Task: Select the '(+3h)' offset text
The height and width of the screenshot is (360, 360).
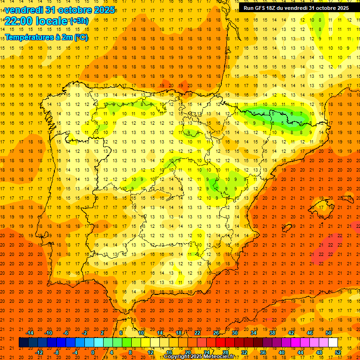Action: point(78,21)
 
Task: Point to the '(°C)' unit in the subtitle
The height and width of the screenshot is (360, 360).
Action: point(80,37)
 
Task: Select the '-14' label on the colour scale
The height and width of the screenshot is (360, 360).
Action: point(30,333)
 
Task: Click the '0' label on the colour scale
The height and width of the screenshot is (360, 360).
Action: point(93,352)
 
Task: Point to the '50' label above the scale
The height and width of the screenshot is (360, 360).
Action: point(329,333)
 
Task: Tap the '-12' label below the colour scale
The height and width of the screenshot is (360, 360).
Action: point(39,352)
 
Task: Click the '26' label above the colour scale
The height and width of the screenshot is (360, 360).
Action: point(216,333)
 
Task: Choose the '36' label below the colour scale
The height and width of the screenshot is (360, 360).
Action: point(262,352)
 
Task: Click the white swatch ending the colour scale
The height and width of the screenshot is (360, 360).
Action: point(333,342)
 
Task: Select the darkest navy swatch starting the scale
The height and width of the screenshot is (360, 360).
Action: point(23,342)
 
